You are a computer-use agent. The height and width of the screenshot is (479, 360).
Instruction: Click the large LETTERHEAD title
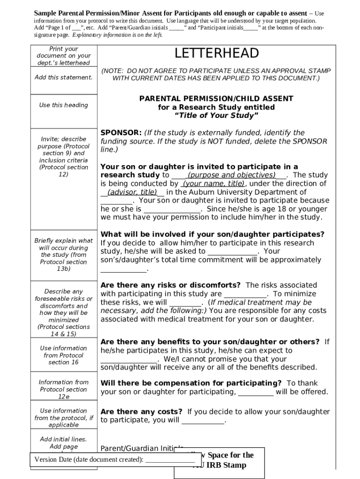coord(216,53)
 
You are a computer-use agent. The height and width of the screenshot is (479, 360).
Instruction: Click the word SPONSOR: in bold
coord(121,133)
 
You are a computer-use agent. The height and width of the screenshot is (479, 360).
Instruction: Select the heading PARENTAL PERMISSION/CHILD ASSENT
coord(216,99)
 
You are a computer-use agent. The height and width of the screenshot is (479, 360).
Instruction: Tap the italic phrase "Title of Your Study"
coord(216,116)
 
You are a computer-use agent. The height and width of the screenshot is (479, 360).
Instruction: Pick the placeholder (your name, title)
coord(214,184)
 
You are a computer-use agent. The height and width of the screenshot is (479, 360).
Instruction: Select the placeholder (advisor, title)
coord(132,192)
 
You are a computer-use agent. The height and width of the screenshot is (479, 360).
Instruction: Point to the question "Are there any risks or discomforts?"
coord(171,285)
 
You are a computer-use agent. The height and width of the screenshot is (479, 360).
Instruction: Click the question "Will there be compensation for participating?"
coord(191,383)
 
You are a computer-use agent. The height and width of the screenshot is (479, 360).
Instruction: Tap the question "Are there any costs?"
coord(141,412)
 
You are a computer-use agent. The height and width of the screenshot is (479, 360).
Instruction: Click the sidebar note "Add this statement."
coord(64,77)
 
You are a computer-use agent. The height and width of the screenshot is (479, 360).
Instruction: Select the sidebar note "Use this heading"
coord(64,105)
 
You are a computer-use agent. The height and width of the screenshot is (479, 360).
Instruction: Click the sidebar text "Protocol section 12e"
coord(64,393)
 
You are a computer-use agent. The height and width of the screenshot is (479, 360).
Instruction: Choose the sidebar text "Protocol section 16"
coord(64,359)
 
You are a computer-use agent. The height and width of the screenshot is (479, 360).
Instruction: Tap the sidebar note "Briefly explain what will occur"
coord(64,244)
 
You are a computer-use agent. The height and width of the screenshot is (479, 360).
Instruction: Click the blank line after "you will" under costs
coord(203,421)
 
